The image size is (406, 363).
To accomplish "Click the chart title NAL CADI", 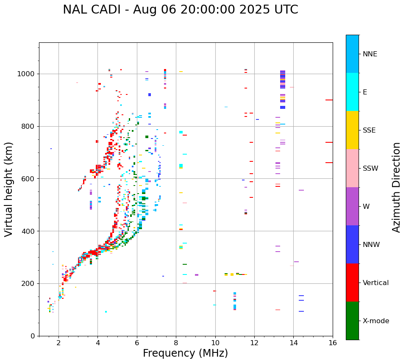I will pos(180,10).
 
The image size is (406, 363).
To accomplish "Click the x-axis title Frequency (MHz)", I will pos(185,353).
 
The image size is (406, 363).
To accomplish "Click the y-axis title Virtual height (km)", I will pos(9,189).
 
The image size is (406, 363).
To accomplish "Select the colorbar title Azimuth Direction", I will pos(396,187).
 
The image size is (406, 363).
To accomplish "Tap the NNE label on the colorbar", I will pos(370,54).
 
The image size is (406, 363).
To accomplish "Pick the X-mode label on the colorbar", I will pos(375,321).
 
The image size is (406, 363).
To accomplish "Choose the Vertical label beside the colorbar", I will pos(375,283).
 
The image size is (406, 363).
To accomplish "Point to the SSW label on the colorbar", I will pos(370,169).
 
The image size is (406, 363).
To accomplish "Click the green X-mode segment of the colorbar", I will pos(352,321).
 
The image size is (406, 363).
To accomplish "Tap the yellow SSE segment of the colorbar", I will pos(352,130).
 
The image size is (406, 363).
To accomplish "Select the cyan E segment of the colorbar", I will pos(352,92).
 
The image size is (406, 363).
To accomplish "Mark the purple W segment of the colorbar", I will pos(352,206).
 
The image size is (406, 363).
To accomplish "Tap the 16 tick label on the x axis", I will pos(333,343).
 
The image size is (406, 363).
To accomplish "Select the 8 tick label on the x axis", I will pos(176,343).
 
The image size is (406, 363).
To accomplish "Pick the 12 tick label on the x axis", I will pos(254,343).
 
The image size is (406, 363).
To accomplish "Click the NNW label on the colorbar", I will pos(371,245).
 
